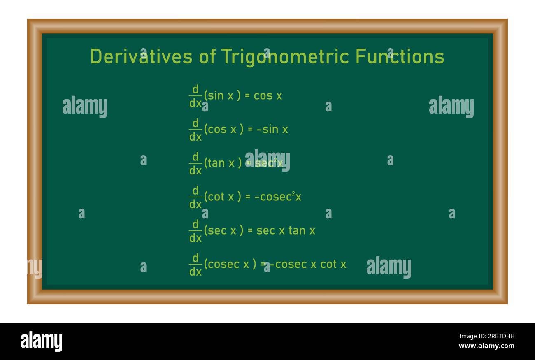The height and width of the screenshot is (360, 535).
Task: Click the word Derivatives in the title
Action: pyautogui.click(x=141, y=56)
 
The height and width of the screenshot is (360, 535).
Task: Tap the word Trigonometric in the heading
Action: pyautogui.click(x=284, y=56)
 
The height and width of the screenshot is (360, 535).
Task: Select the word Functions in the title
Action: pyautogui.click(x=400, y=56)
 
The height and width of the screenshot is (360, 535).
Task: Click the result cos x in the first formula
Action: pyautogui.click(x=268, y=96)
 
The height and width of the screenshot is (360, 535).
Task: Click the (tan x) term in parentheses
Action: pyautogui.click(x=222, y=163)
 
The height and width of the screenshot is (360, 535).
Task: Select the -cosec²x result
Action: pyautogui.click(x=278, y=197)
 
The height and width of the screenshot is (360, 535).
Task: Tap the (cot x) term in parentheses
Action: pyautogui.click(x=222, y=197)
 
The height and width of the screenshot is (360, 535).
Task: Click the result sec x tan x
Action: pyautogui.click(x=286, y=231)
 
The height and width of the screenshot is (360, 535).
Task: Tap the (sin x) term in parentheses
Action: pyautogui.click(x=222, y=96)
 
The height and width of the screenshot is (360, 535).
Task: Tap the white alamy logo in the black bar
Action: pyautogui.click(x=41, y=341)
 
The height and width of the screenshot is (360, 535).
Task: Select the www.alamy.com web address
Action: pyautogui.click(x=486, y=346)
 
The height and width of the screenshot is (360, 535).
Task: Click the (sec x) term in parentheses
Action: pyautogui.click(x=222, y=231)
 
